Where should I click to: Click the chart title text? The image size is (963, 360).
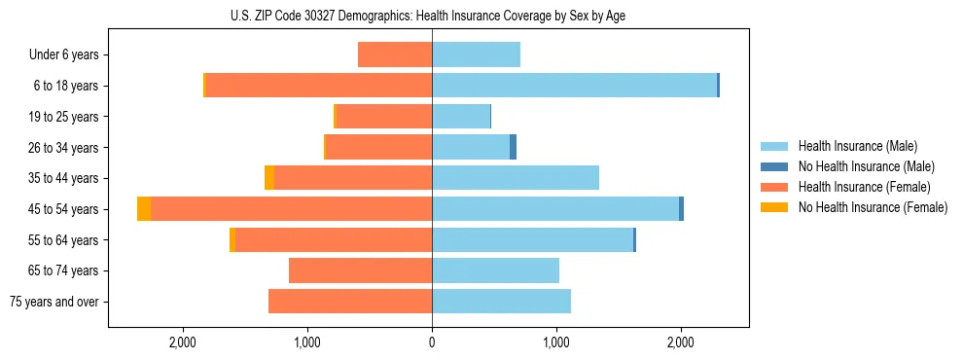click(432, 16)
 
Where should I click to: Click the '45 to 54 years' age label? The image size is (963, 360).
click(62, 209)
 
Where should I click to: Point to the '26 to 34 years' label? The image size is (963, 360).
click(62, 148)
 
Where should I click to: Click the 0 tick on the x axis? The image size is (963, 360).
click(432, 342)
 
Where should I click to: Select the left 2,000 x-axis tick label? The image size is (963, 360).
click(183, 342)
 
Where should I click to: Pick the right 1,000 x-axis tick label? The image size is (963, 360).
click(556, 342)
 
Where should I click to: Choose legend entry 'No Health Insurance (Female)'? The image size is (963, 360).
click(873, 207)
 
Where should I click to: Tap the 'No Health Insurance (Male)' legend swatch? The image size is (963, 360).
click(774, 166)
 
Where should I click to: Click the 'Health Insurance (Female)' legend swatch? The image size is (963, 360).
click(774, 187)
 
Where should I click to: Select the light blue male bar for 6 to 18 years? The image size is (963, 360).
click(574, 86)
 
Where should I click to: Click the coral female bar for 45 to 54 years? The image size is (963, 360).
click(292, 209)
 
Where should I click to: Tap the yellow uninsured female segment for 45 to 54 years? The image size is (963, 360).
click(144, 209)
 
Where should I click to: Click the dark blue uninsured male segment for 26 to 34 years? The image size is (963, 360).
click(513, 147)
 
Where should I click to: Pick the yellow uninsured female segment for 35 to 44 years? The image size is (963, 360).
click(269, 178)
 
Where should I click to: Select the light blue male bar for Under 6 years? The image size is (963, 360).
click(476, 54)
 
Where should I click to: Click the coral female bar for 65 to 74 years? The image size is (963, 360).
click(360, 270)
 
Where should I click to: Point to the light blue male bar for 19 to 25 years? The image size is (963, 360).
click(461, 117)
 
